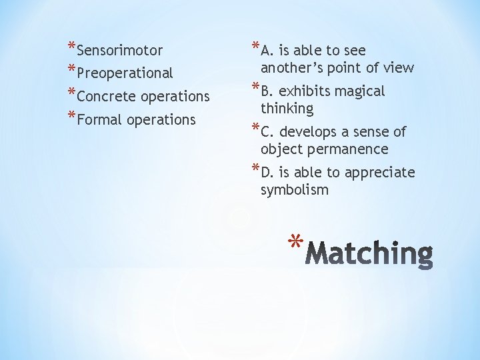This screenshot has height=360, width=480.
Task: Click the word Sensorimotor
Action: coord(120,51)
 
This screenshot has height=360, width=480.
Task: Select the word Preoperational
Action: coord(125,73)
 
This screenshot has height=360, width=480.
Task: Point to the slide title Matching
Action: coord(372,254)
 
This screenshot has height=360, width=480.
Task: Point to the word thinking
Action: coord(287,109)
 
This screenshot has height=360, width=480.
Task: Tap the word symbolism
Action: coord(295,190)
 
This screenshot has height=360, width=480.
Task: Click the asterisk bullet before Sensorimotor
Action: coord(71,47)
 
